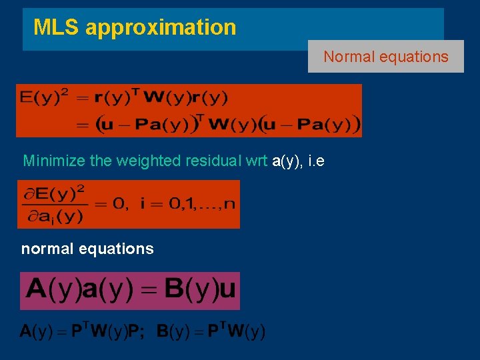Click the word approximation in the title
click(x=161, y=28)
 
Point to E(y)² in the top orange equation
click(x=44, y=98)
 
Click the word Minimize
click(x=52, y=161)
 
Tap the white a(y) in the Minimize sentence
click(x=288, y=161)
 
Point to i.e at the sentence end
click(x=316, y=161)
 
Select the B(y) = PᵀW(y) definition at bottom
click(x=211, y=331)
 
